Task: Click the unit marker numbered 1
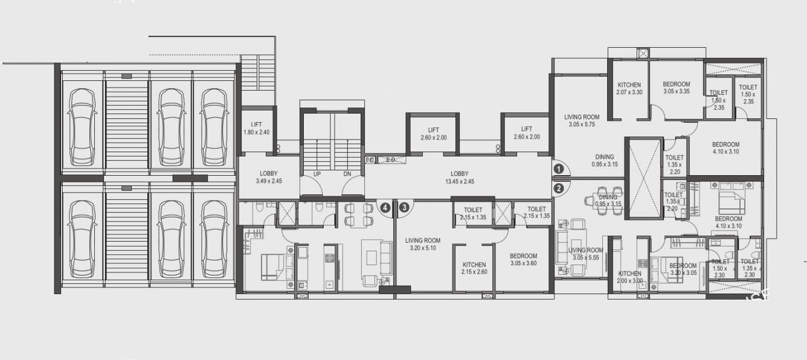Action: pyautogui.click(x=559, y=170)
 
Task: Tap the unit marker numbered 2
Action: pyautogui.click(x=559, y=188)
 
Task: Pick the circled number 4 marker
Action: pyautogui.click(x=385, y=207)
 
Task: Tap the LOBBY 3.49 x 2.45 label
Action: pyautogui.click(x=269, y=177)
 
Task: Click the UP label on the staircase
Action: pyautogui.click(x=317, y=175)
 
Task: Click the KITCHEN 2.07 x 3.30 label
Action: pyautogui.click(x=629, y=88)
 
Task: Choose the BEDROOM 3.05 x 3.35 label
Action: pyautogui.click(x=676, y=88)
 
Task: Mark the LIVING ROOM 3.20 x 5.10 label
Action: pyautogui.click(x=423, y=243)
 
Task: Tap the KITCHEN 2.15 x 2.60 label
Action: pyautogui.click(x=474, y=268)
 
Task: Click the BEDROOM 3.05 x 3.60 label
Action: pyautogui.click(x=522, y=259)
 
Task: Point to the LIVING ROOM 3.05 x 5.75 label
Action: pyautogui.click(x=582, y=121)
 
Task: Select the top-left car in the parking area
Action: pyautogui.click(x=82, y=127)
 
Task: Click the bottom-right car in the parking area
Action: pyautogui.click(x=214, y=239)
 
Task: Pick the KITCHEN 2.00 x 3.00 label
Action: pyautogui.click(x=629, y=277)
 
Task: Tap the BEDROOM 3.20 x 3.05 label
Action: pyautogui.click(x=683, y=269)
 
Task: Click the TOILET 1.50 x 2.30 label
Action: pyautogui.click(x=719, y=271)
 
